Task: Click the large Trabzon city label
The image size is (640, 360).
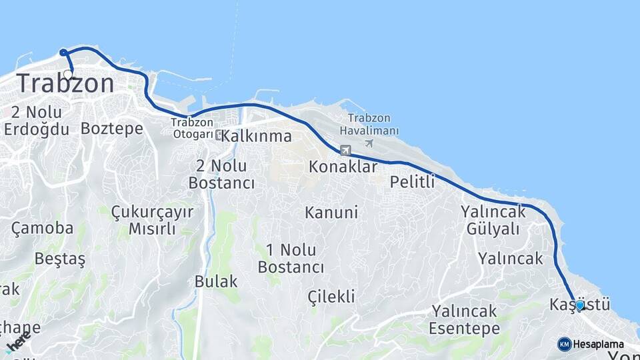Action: pyautogui.click(x=65, y=83)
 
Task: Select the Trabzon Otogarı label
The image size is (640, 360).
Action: pyautogui.click(x=192, y=128)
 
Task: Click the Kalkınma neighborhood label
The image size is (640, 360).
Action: pyautogui.click(x=257, y=136)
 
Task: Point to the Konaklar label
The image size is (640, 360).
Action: pyautogui.click(x=343, y=167)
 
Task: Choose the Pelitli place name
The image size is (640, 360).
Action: pyautogui.click(x=412, y=181)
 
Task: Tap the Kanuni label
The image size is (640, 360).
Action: pyautogui.click(x=331, y=213)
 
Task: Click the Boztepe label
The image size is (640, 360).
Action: pyautogui.click(x=112, y=128)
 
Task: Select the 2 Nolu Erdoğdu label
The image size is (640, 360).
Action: pyautogui.click(x=36, y=120)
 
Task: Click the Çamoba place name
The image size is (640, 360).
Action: pyautogui.click(x=42, y=228)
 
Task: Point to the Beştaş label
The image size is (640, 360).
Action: pyautogui.click(x=60, y=259)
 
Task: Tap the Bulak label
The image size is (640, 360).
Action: pyautogui.click(x=216, y=281)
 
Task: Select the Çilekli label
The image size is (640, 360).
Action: pyautogui.click(x=331, y=297)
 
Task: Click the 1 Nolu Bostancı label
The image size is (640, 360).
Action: pyautogui.click(x=291, y=259)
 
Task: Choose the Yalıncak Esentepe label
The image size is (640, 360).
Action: pyautogui.click(x=465, y=319)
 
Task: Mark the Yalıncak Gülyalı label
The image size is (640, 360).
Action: pyautogui.click(x=493, y=220)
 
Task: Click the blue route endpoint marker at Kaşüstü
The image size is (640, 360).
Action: pyautogui.click(x=579, y=305)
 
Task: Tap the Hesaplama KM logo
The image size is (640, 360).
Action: pyautogui.click(x=565, y=344)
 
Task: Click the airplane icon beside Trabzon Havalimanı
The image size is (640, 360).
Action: pyautogui.click(x=369, y=143)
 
